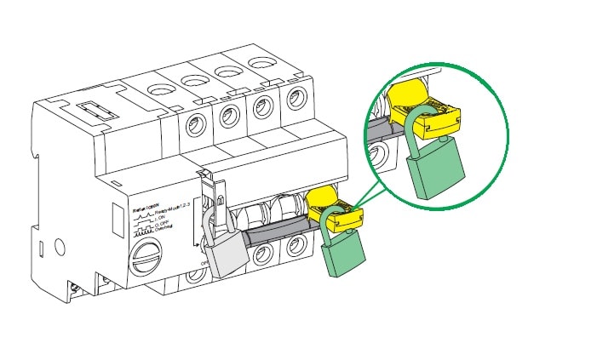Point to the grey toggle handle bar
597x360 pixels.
[273, 229]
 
